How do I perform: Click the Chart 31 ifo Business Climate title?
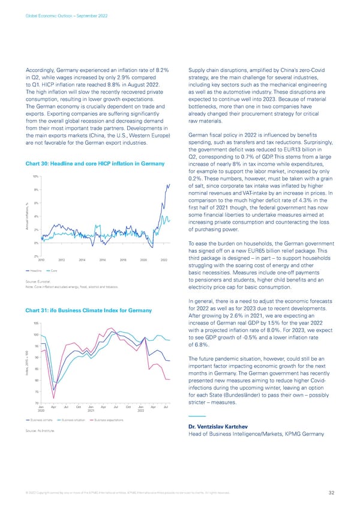(88, 310)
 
